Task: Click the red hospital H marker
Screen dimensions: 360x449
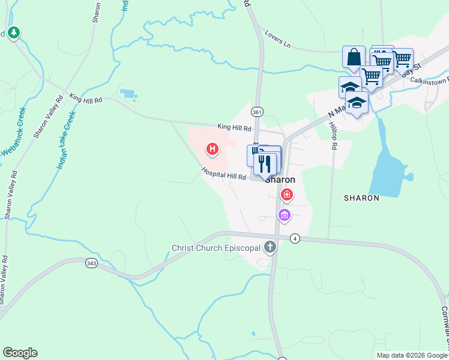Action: coord(212,148)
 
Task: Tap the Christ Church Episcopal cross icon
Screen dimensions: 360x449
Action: coord(270,247)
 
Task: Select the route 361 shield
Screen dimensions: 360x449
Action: coord(257,112)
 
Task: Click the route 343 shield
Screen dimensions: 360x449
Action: coord(91,263)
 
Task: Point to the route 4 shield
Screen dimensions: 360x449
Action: coord(294,239)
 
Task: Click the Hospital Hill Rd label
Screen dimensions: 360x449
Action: coord(224,174)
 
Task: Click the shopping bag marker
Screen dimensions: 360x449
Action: coord(354,57)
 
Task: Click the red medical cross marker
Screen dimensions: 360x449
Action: coord(287,194)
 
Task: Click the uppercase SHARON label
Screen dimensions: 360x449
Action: coord(361,197)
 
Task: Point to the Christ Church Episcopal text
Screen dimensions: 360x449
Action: coord(215,247)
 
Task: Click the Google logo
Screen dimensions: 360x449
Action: coord(20,353)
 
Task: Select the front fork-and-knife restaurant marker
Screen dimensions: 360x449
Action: coord(265,163)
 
